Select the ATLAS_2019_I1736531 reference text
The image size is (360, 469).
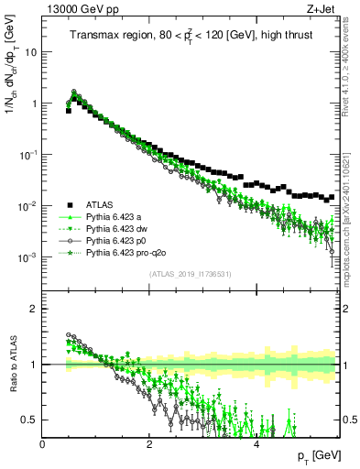point(191,275)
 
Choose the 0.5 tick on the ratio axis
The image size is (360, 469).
point(29,420)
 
